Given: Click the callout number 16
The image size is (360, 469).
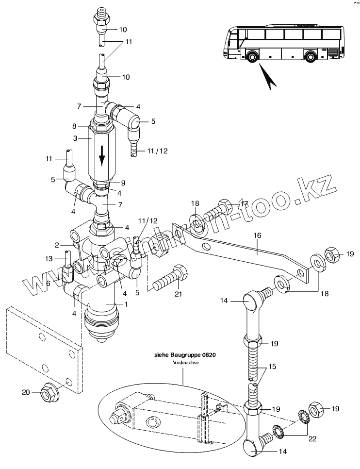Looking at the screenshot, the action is click(x=257, y=235).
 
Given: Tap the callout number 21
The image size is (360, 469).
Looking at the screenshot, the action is click(x=178, y=294).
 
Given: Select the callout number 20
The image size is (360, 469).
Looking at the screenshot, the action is click(x=26, y=392).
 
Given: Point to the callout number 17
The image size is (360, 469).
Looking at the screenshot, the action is click(x=245, y=204).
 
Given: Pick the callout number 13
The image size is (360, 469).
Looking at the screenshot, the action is click(x=49, y=258).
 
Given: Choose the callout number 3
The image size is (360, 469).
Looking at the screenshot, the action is click(x=75, y=138).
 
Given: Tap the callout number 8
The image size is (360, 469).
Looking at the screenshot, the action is click(x=74, y=126).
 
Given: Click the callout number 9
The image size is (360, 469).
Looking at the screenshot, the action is click(x=123, y=183).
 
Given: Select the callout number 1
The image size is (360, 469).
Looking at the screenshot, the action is click(x=126, y=304).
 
